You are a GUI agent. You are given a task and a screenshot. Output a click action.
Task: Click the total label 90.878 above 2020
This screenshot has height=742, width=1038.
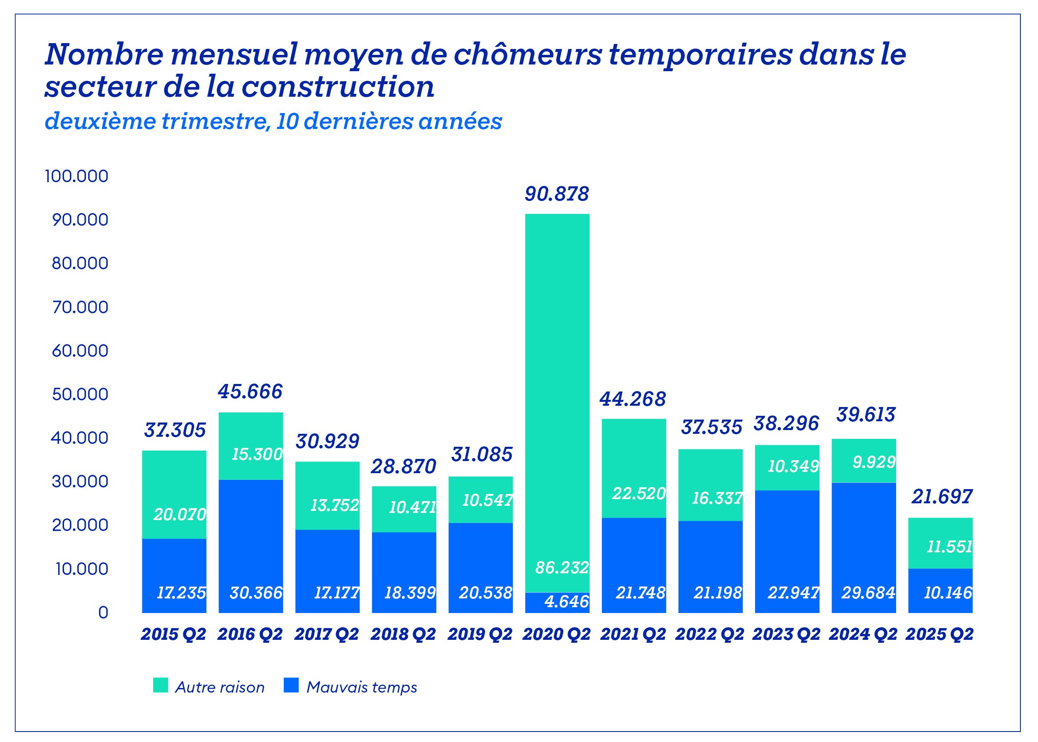[557, 194]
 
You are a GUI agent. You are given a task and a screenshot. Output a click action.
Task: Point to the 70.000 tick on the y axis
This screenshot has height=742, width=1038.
[80, 307]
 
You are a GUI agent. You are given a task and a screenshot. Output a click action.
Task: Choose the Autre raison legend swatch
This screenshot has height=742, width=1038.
[160, 685]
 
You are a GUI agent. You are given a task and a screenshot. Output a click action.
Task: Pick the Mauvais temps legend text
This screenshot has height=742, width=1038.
[362, 687]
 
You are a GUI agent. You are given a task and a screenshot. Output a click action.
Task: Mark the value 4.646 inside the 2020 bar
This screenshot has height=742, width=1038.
[567, 602]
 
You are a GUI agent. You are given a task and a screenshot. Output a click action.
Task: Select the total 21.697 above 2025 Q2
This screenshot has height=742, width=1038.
[942, 497]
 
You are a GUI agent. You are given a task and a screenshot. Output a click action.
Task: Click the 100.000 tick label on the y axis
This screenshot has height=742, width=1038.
[76, 176]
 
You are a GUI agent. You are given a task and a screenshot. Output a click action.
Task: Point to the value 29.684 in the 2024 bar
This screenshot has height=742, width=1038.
[868, 593]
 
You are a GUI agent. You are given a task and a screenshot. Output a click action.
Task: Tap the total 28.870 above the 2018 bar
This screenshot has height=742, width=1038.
[403, 466]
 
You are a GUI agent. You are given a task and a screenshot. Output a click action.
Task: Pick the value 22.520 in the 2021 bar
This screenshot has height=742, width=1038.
[638, 493]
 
